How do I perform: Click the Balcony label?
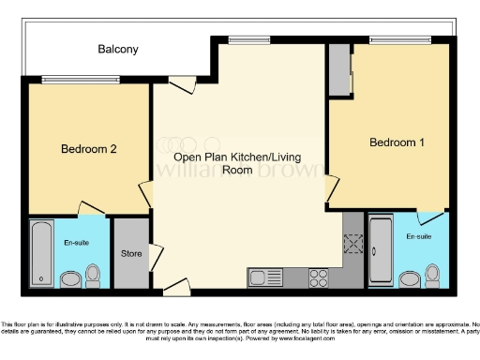pyautogui.click(x=118, y=50)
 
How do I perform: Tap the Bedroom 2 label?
pyautogui.click(x=89, y=149)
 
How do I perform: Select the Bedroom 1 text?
pyautogui.click(x=397, y=142)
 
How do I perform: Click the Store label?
pyautogui.click(x=131, y=254)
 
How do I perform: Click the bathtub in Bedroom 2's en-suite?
pyautogui.click(x=42, y=254)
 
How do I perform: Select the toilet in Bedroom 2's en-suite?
pyautogui.click(x=92, y=275)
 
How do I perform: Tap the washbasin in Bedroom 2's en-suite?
pyautogui.click(x=69, y=279)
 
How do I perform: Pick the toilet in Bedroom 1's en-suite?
pyautogui.click(x=432, y=275)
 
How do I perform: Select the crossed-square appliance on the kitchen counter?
pyautogui.click(x=353, y=245)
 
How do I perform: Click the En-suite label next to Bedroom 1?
pyautogui.click(x=418, y=237)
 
